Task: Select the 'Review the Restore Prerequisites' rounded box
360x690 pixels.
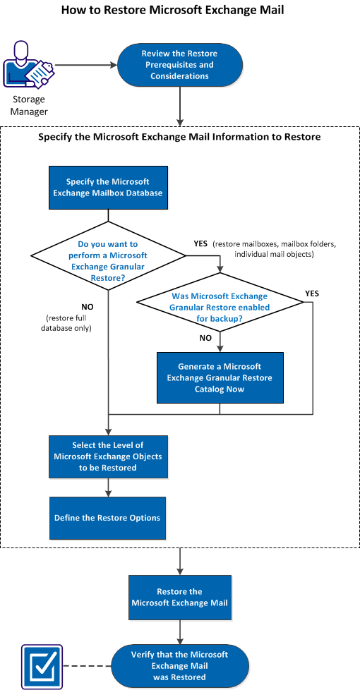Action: (x=179, y=65)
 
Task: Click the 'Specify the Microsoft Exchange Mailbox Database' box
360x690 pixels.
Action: (x=108, y=188)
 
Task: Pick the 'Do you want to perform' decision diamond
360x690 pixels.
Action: (x=108, y=255)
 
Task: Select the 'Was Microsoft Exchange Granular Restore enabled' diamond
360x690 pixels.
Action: (x=220, y=302)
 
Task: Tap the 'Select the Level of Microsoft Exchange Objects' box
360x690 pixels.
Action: (x=108, y=456)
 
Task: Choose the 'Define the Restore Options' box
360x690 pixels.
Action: (x=107, y=518)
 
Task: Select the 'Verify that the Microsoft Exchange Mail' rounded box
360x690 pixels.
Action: (x=180, y=666)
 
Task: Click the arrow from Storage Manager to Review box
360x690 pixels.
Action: (x=85, y=66)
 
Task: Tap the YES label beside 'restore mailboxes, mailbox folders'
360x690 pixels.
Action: (x=200, y=243)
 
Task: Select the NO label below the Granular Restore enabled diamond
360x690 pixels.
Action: (x=206, y=338)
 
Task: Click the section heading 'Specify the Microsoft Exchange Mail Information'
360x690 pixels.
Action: (x=179, y=137)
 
